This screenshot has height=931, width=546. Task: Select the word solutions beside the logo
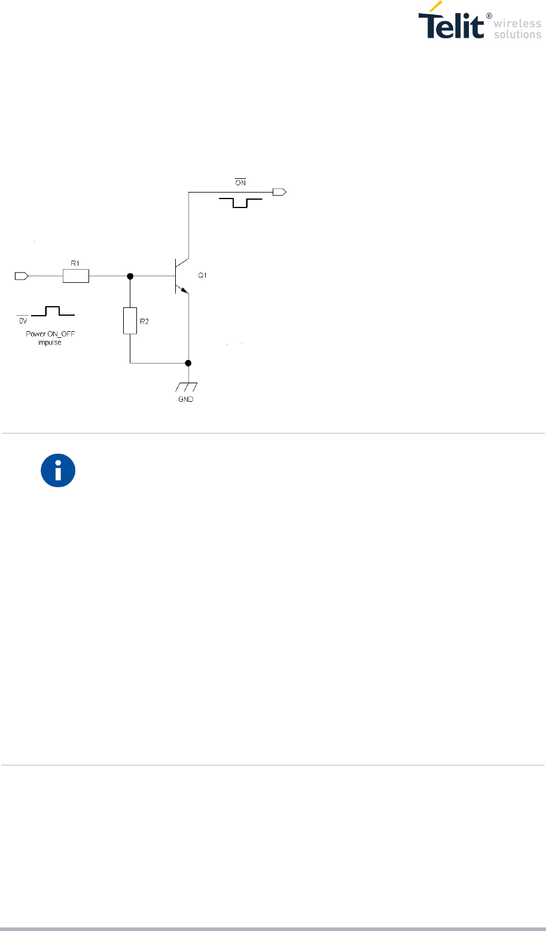[x=518, y=35]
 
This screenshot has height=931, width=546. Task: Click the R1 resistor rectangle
[x=76, y=276]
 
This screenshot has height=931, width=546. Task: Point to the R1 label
[x=75, y=262]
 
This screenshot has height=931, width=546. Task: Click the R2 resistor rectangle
[x=130, y=320]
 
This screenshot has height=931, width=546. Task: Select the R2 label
[x=145, y=321]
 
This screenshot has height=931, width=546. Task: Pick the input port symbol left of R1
[x=22, y=276]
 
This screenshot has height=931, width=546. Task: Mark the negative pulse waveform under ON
[x=240, y=203]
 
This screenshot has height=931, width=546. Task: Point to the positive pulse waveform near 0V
[x=53, y=310]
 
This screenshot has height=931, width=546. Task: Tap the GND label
[x=187, y=399]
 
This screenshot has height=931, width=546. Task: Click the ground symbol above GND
[x=188, y=386]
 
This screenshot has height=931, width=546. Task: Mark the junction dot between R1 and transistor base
[x=130, y=276]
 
